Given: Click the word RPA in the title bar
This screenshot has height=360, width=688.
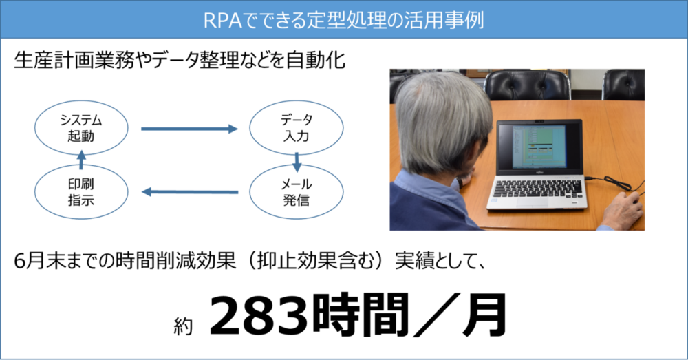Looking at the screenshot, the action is tap(222, 20).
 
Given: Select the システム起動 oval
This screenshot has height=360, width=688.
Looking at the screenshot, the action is tap(81, 128).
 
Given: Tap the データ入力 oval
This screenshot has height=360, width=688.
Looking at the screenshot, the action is tap(296, 128).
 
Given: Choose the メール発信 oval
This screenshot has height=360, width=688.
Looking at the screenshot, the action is tap(296, 192).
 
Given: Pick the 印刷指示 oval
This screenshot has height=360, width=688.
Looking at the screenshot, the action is tap(81, 192).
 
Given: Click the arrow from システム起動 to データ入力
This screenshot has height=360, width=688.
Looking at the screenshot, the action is tap(189, 129).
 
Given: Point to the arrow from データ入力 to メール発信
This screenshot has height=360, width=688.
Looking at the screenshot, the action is tap(297, 162).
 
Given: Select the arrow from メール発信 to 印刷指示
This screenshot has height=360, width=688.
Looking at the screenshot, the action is tap(190, 192).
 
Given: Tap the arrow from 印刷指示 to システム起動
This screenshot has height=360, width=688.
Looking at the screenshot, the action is tap(81, 160).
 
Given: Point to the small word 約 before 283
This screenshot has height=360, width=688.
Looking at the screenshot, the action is tap(183, 326).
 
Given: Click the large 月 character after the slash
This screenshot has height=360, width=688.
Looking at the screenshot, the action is tap(484, 315).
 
